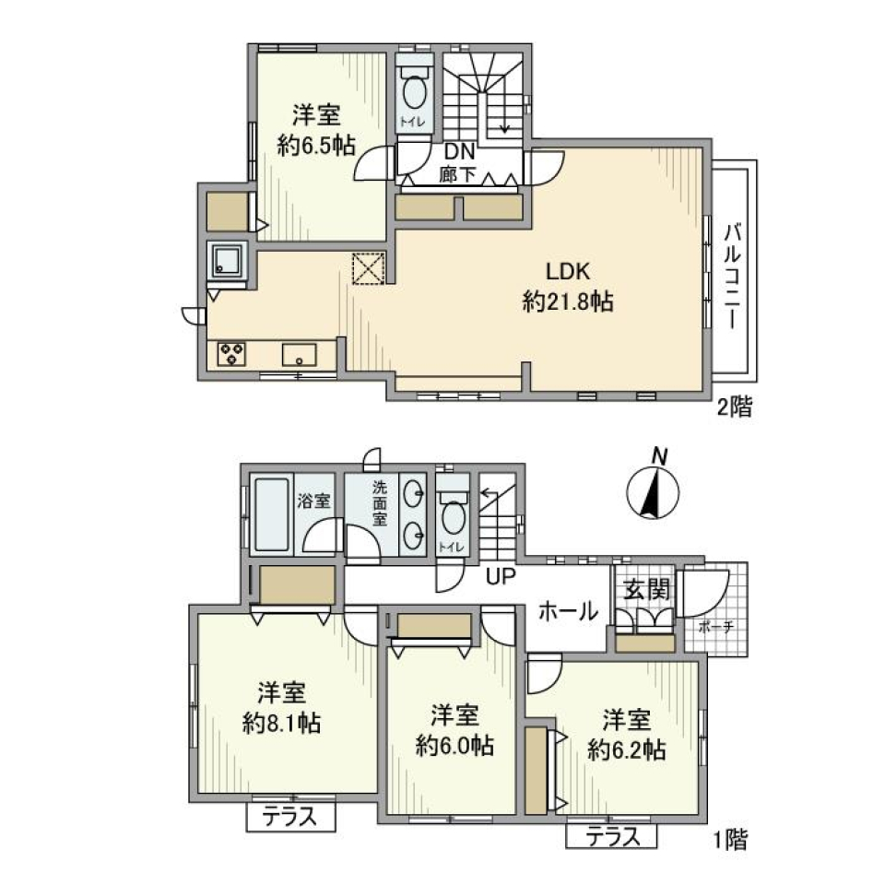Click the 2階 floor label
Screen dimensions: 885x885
pos(735,407)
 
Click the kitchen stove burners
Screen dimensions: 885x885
pos(230,353)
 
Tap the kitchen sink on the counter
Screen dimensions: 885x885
pos(299,354)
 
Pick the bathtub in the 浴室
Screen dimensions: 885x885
pos(272,514)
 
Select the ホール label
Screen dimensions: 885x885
pos(568,611)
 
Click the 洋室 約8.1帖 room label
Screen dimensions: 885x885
pos(283,708)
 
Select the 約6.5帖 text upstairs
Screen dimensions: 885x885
pos(316,145)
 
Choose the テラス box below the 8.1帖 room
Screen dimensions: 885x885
pos(290,816)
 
